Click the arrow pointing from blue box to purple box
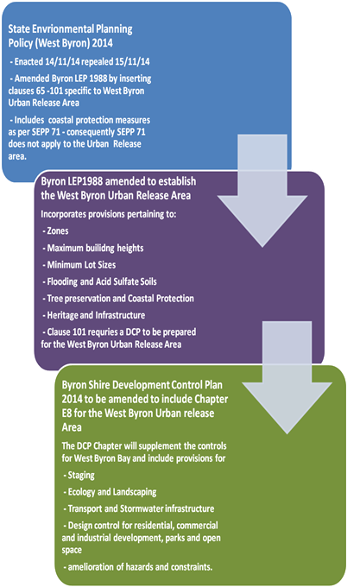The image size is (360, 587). click(x=262, y=191)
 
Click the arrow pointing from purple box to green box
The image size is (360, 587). click(x=287, y=377)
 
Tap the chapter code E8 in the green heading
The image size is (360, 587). click(x=66, y=413)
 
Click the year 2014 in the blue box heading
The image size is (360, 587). click(x=102, y=43)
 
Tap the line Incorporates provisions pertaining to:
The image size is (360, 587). click(x=109, y=214)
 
